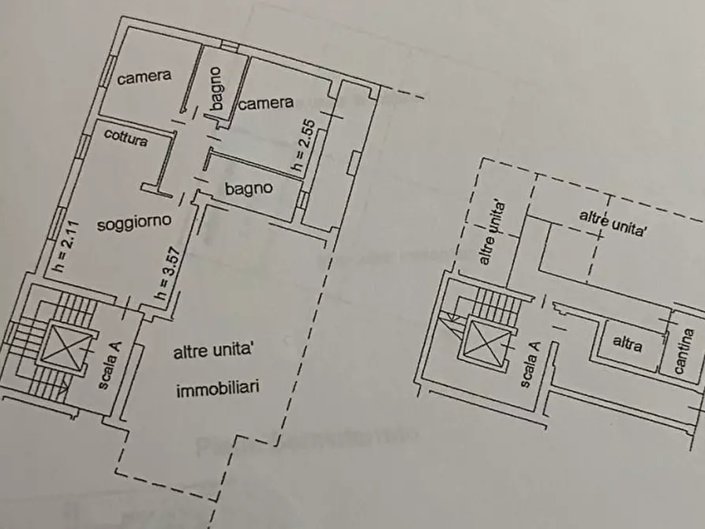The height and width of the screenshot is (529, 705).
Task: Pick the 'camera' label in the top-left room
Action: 144,77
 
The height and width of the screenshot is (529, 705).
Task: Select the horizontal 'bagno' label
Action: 249,189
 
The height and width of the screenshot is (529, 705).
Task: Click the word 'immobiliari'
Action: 217,388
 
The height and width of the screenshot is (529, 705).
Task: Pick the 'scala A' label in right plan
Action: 531,364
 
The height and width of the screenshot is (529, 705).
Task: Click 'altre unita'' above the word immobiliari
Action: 212,353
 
